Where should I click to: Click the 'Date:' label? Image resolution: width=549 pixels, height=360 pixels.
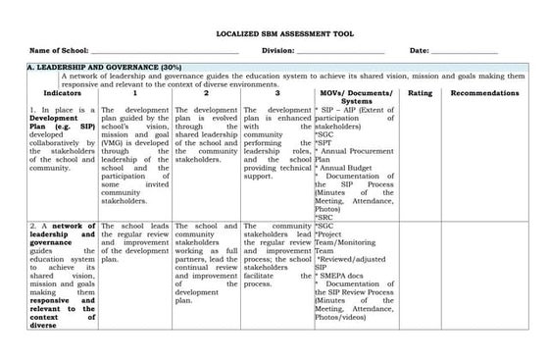[419, 50]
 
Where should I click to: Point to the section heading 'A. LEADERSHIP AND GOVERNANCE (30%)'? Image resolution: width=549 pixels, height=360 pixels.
[90, 66]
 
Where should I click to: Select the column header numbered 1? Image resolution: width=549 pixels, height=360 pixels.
[135, 92]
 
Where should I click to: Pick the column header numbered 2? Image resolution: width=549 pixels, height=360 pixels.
[206, 92]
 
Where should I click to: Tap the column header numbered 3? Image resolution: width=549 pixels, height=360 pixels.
[276, 92]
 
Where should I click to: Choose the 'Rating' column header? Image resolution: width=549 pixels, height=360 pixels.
[420, 92]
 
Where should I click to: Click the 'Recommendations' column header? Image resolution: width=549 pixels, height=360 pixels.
[485, 92]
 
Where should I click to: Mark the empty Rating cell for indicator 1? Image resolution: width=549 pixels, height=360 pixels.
[420, 162]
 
